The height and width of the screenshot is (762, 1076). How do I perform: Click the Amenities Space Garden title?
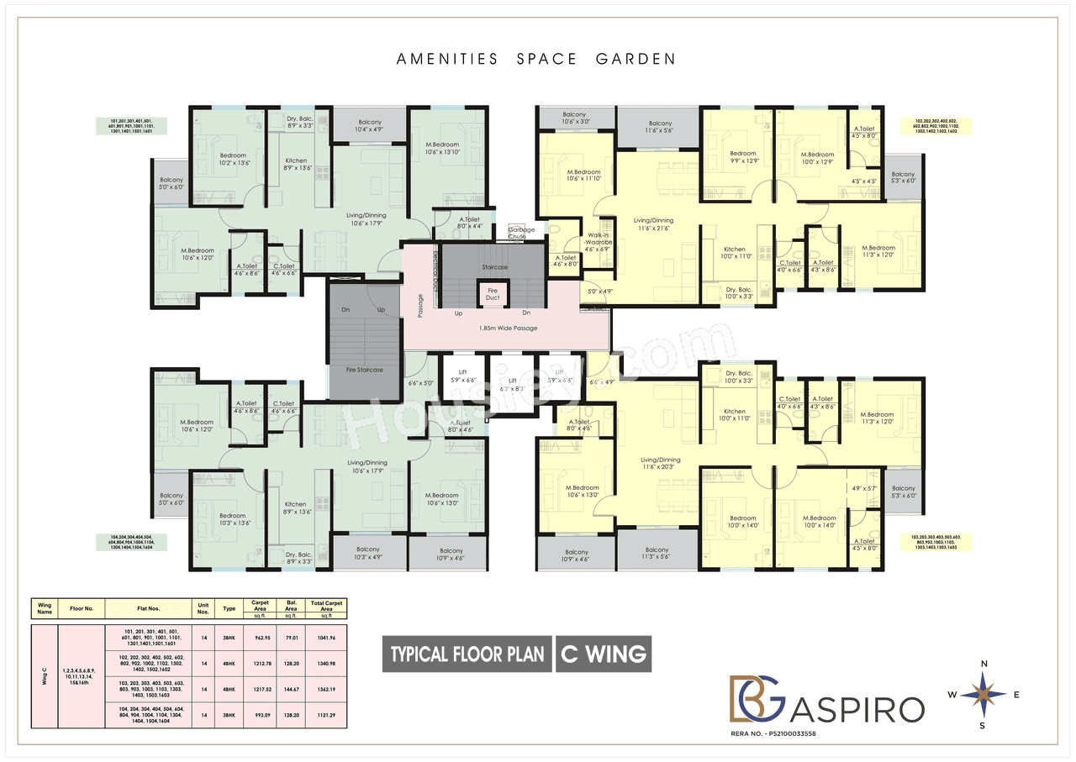pyautogui.click(x=535, y=59)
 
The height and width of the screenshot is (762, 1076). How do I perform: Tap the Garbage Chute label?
pyautogui.click(x=516, y=234)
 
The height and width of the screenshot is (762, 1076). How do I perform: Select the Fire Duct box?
pyautogui.click(x=493, y=294)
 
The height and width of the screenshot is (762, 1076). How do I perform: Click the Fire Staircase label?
pyautogui.click(x=364, y=370)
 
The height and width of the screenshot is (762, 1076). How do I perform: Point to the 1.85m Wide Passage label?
pyautogui.click(x=508, y=328)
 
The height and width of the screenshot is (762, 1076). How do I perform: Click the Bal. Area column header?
pyautogui.click(x=292, y=606)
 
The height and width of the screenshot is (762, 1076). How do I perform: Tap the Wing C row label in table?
pyautogui.click(x=45, y=676)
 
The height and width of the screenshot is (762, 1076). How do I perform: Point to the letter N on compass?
pyautogui.click(x=984, y=664)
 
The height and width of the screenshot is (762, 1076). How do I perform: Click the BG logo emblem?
pyautogui.click(x=755, y=696)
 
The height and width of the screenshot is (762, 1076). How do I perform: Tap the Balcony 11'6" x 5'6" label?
pyautogui.click(x=660, y=127)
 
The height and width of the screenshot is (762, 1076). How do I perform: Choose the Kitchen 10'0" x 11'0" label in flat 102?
pyautogui.click(x=734, y=253)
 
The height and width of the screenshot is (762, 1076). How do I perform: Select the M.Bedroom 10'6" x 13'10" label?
pyautogui.click(x=441, y=148)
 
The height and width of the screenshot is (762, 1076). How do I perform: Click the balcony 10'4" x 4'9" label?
pyautogui.click(x=369, y=126)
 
